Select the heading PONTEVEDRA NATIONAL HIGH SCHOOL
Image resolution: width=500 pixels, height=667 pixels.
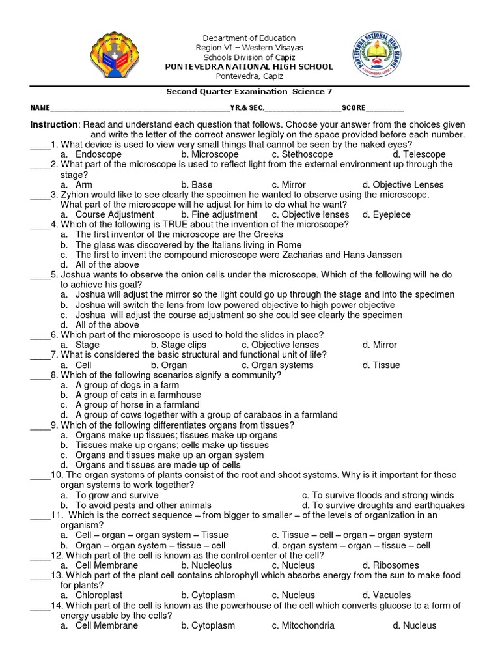[x=249, y=66]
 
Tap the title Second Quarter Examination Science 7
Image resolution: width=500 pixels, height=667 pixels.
[x=249, y=92]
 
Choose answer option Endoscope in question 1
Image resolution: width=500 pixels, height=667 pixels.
[x=98, y=154]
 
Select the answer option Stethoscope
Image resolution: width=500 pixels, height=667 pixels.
[x=302, y=154]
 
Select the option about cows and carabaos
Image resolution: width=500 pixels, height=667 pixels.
[x=206, y=415]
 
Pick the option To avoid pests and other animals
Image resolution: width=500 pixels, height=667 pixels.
[x=143, y=505]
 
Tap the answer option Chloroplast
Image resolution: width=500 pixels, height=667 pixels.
[x=98, y=595]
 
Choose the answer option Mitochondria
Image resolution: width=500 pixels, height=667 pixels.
[x=303, y=625]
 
